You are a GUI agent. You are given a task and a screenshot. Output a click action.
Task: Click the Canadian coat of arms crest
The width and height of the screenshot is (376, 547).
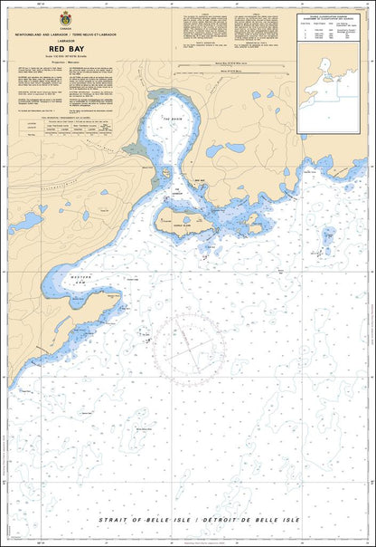(x=65, y=19)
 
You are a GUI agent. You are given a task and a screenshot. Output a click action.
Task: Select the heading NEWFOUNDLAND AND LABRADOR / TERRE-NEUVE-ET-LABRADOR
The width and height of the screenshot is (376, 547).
(x=65, y=34)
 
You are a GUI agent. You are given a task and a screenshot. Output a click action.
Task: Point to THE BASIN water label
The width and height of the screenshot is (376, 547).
(x=173, y=118)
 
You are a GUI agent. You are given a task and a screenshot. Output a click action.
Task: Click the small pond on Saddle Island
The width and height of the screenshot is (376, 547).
(x=187, y=218)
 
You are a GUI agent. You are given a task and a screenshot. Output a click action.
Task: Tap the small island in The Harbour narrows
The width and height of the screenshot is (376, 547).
(x=169, y=174)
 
